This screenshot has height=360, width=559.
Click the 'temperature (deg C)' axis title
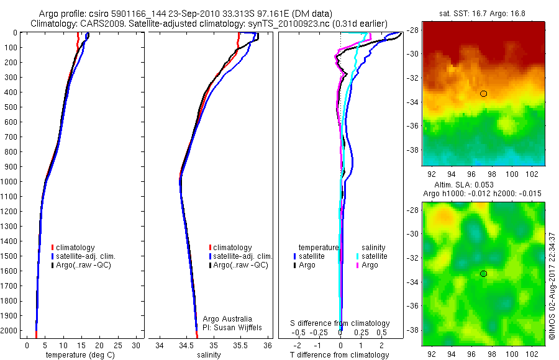[x=78, y=355]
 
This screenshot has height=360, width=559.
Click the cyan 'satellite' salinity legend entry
[x=374, y=256]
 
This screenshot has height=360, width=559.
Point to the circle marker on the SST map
[x=483, y=94]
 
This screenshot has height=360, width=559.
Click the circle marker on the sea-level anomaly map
[x=483, y=274]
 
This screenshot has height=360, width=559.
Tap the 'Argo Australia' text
[x=227, y=318]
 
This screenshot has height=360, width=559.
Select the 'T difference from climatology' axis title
[x=340, y=355]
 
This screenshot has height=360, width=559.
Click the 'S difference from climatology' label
[x=340, y=323]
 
